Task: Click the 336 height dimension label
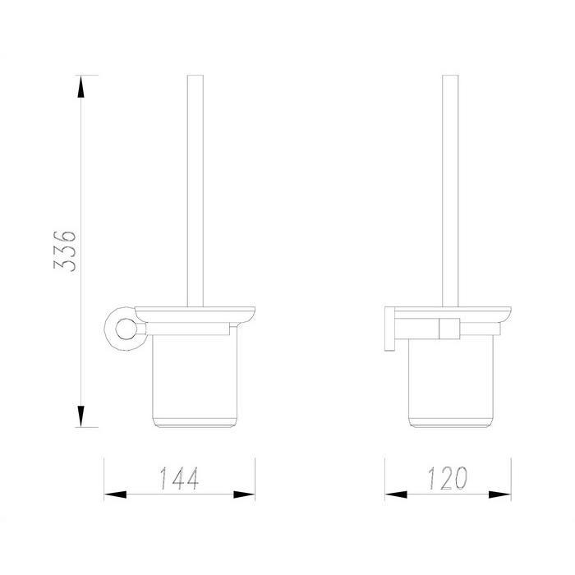pos(65,251)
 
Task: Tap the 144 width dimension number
pos(179,478)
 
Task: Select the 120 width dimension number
pos(448,478)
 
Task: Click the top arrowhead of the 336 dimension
pos(81,86)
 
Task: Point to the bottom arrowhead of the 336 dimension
pos(81,416)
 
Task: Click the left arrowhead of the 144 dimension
pos(115,494)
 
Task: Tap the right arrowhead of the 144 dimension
pos(244,494)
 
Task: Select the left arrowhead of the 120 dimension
pos(396,494)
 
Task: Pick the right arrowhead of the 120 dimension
pos(499,494)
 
